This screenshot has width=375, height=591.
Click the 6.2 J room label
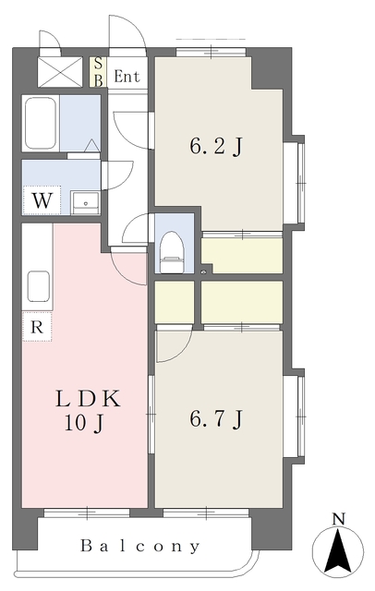[217, 146]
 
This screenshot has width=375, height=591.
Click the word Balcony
[139, 546]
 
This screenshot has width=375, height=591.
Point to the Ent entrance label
[127, 77]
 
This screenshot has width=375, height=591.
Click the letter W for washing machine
[42, 200]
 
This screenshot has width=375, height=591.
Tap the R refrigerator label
[35, 326]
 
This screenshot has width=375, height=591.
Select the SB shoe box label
[99, 71]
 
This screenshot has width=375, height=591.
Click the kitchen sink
[38, 285]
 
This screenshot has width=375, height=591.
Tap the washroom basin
[85, 202]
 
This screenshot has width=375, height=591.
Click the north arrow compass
[337, 552]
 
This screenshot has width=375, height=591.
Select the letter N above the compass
[338, 519]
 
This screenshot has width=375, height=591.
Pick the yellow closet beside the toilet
[242, 256]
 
